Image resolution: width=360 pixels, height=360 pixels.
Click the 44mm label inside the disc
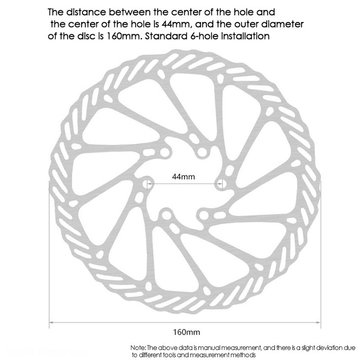(x=184, y=176)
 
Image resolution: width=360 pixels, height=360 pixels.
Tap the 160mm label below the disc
(x=186, y=333)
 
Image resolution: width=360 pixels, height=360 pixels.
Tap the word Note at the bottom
(x=138, y=348)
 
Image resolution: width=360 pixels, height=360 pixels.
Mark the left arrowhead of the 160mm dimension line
(x=51, y=323)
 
